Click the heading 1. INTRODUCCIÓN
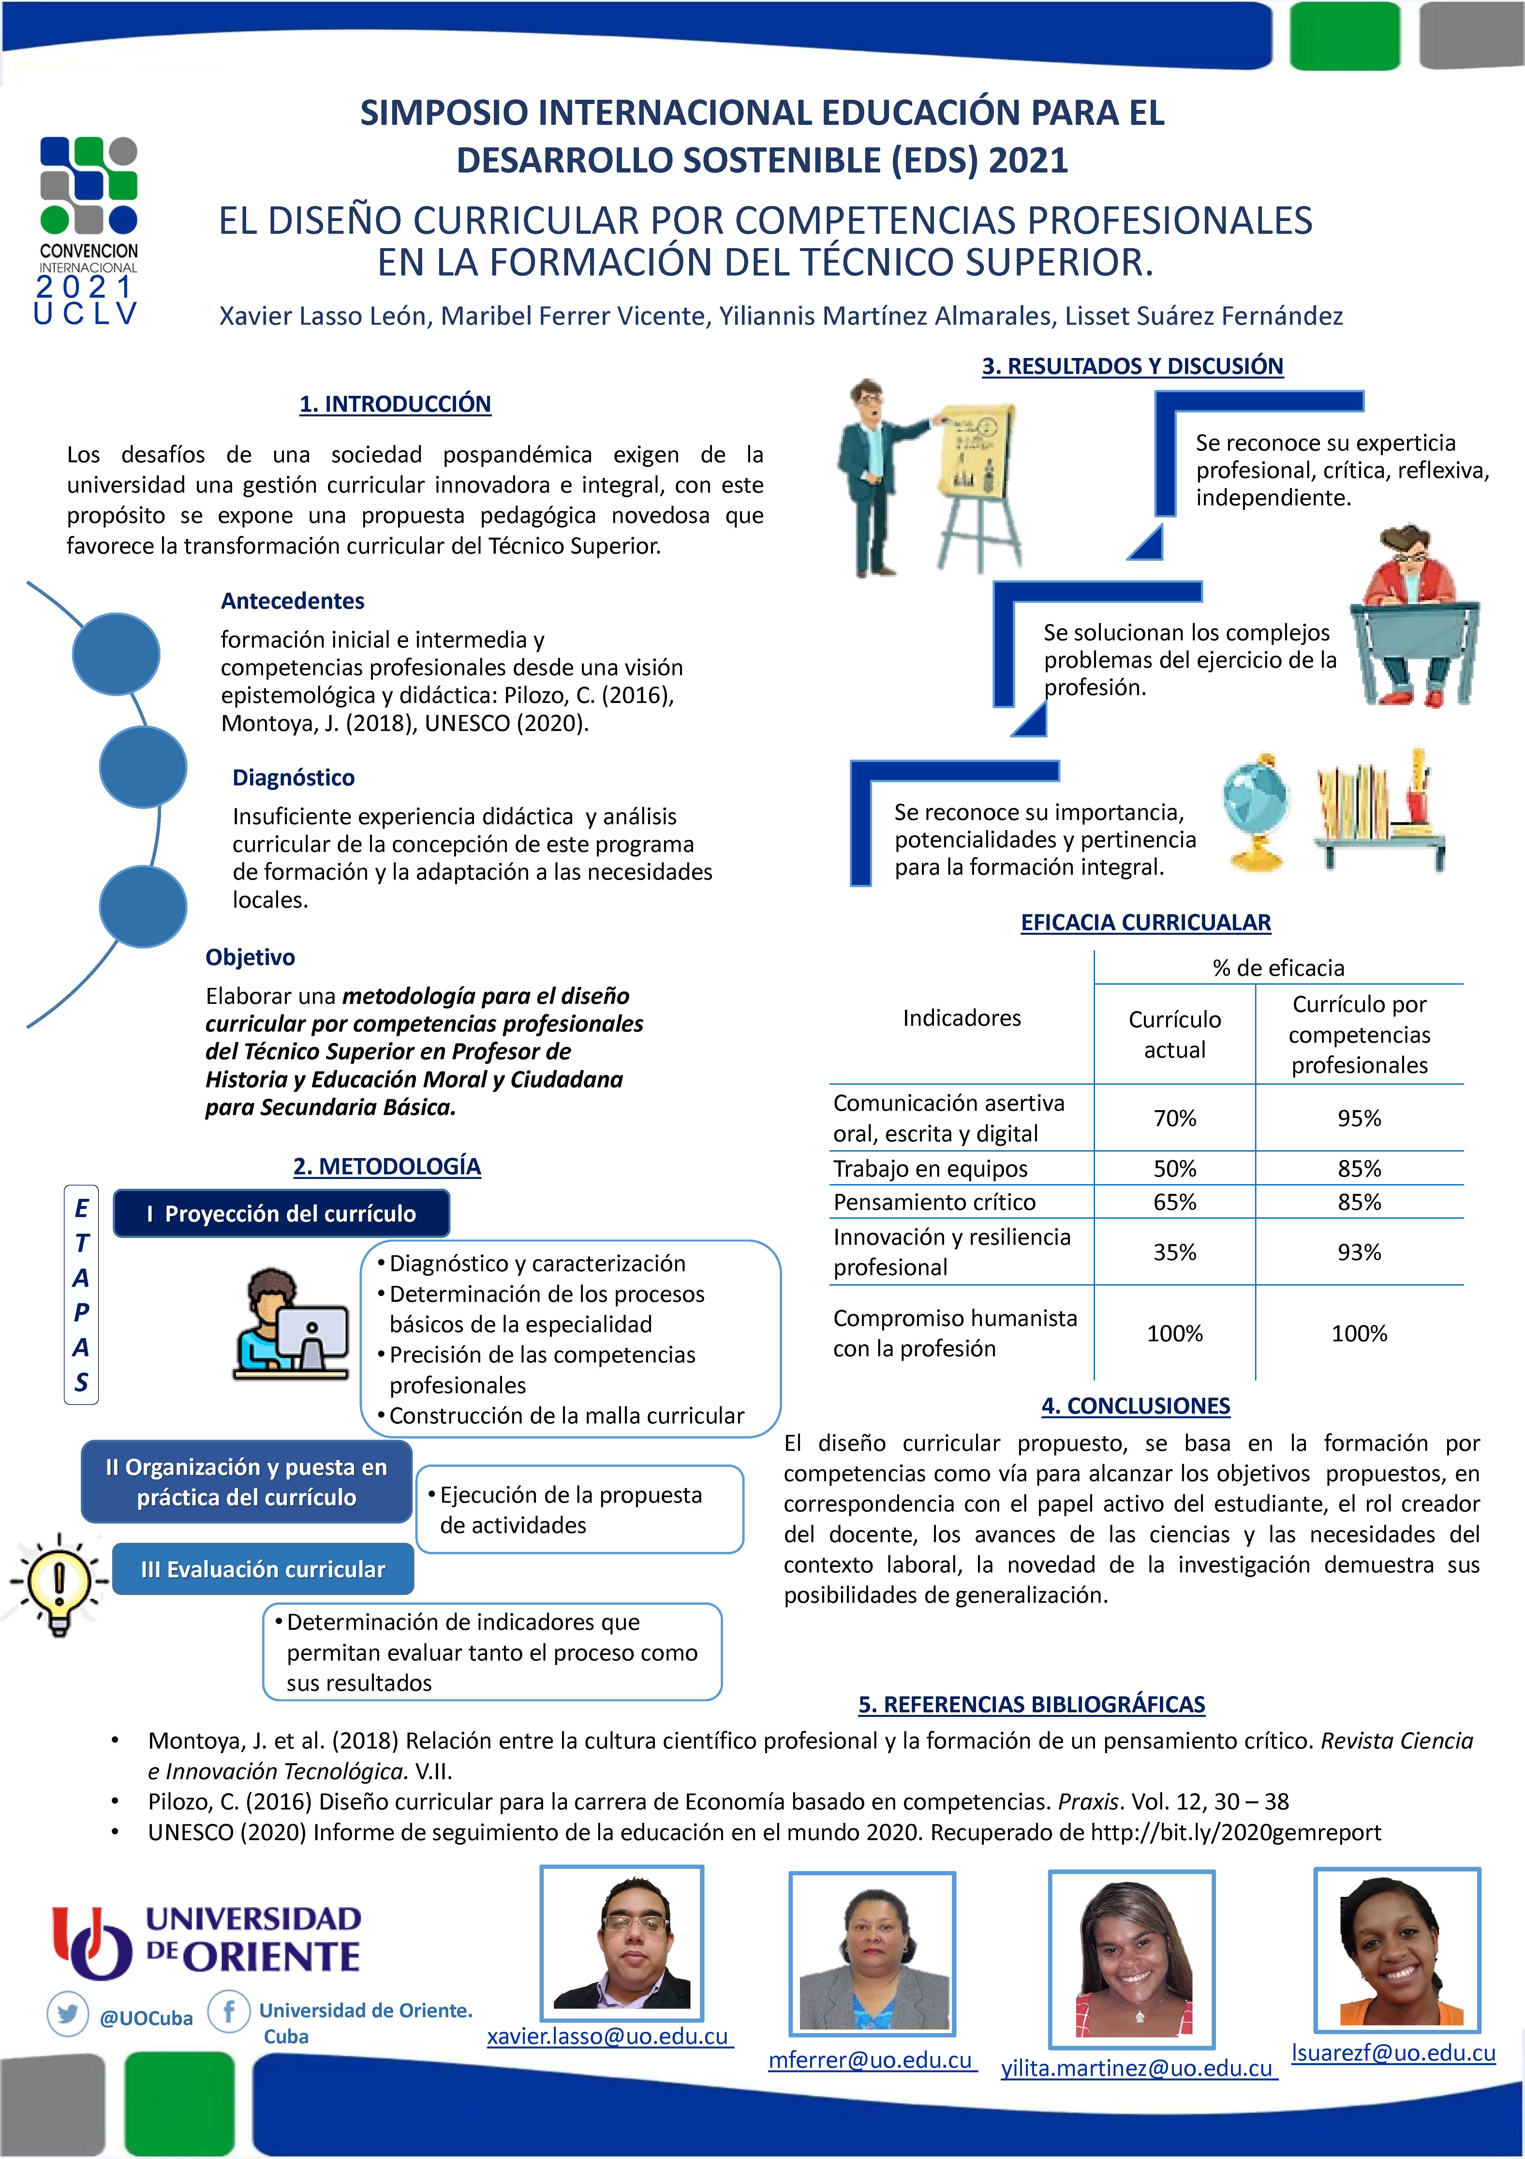(x=395, y=404)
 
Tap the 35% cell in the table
(x=1174, y=1253)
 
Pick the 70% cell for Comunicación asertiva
(x=1174, y=1118)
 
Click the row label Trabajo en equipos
(x=930, y=1169)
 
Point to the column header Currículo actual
(x=1174, y=1035)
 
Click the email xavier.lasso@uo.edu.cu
(x=608, y=2037)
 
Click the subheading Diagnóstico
(x=293, y=778)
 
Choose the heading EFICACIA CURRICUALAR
(x=1145, y=922)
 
